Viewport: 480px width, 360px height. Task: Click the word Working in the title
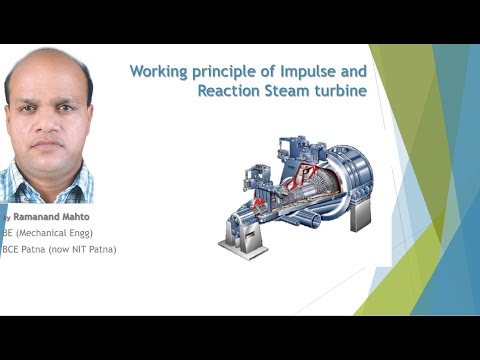(x=161, y=72)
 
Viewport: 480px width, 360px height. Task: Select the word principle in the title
(x=228, y=72)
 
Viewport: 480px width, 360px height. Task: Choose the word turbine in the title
(x=340, y=91)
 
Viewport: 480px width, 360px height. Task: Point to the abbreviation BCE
(x=12, y=249)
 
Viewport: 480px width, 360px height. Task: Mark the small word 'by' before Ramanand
(x=6, y=217)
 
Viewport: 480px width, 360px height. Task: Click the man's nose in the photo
(x=47, y=126)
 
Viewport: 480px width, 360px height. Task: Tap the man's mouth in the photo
(x=47, y=146)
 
